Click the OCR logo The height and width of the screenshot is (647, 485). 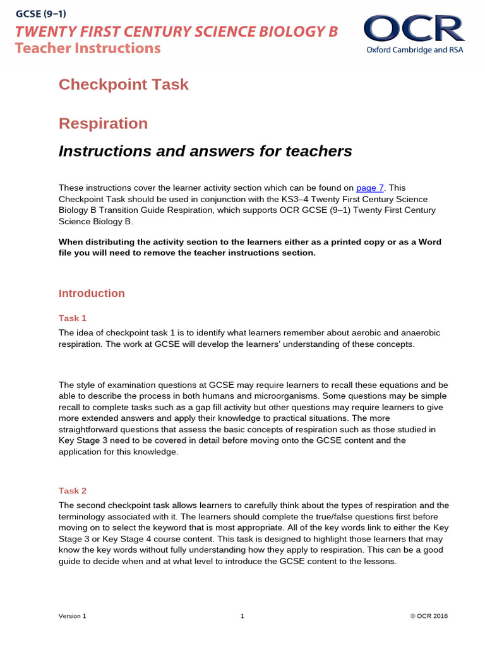click(414, 29)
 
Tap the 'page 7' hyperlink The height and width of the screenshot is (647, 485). click(370, 188)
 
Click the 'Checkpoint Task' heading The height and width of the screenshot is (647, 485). click(124, 84)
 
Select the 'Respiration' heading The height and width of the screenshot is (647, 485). click(103, 123)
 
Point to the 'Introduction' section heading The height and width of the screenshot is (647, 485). click(92, 293)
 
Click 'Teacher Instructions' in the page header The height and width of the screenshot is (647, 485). click(88, 48)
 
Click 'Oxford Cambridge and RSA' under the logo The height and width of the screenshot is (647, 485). click(415, 50)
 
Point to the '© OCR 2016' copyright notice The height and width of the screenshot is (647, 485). click(429, 616)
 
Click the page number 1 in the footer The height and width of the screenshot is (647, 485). click(242, 616)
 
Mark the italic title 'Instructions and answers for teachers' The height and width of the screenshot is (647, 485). click(205, 151)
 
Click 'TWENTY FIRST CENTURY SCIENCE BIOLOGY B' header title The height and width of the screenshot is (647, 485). click(177, 31)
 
